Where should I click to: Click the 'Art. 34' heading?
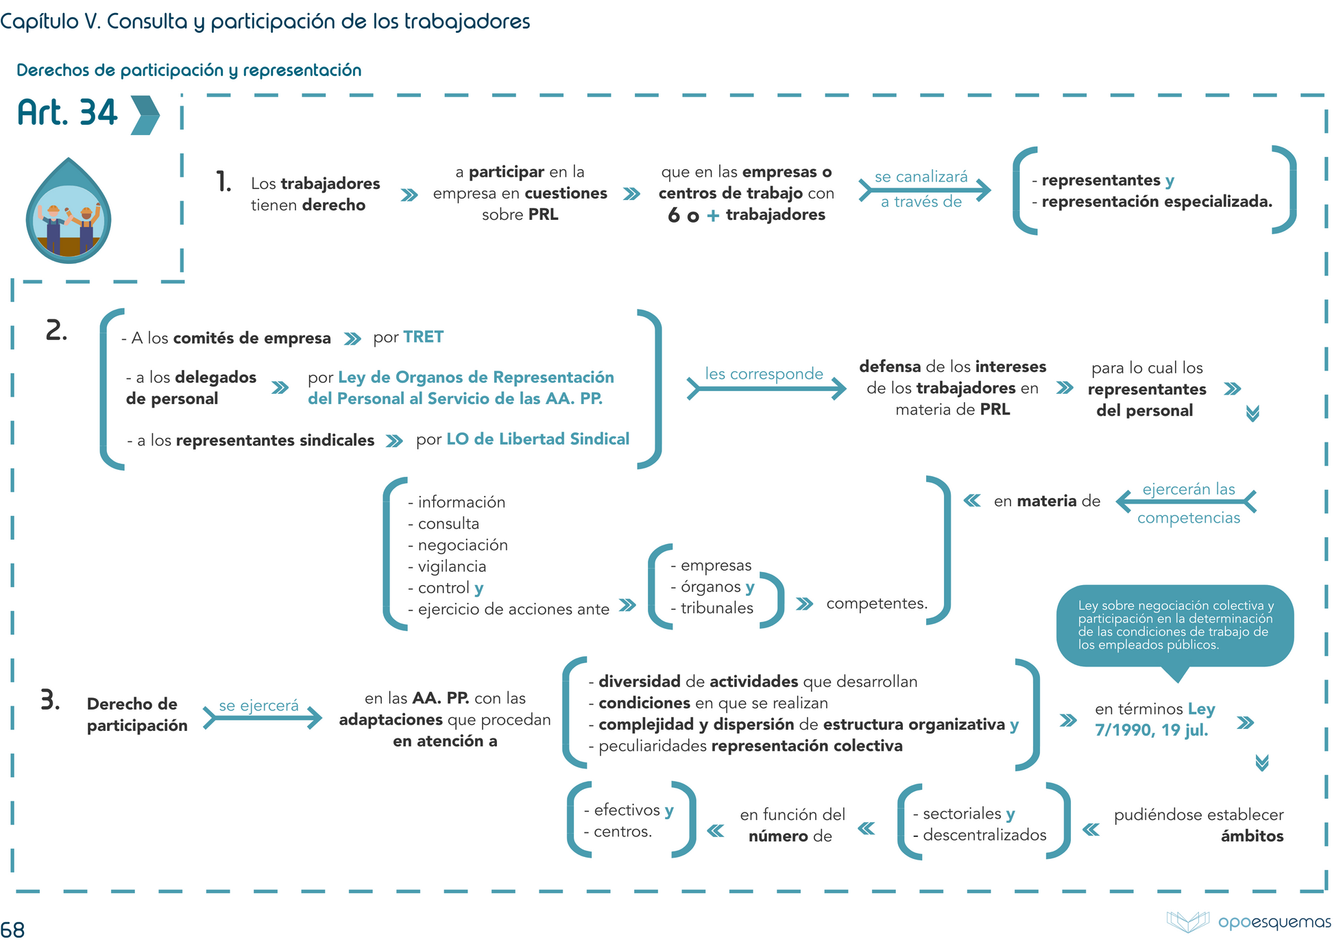[68, 113]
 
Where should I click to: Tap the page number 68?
[12, 930]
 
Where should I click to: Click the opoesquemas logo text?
[1274, 921]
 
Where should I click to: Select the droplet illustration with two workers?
[69, 212]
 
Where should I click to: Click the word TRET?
[423, 337]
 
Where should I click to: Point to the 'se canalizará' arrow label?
[921, 177]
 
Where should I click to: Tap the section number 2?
[56, 330]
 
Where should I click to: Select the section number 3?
[50, 700]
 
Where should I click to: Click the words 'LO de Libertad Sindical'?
[537, 439]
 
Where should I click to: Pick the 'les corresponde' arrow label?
[764, 374]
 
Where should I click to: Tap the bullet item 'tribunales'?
[716, 608]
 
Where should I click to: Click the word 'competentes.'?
[876, 603]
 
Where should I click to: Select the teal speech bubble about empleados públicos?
[1174, 625]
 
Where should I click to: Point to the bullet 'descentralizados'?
[984, 835]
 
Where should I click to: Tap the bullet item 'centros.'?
[622, 832]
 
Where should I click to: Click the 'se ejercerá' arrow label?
[258, 706]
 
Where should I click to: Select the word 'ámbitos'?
[1252, 836]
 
